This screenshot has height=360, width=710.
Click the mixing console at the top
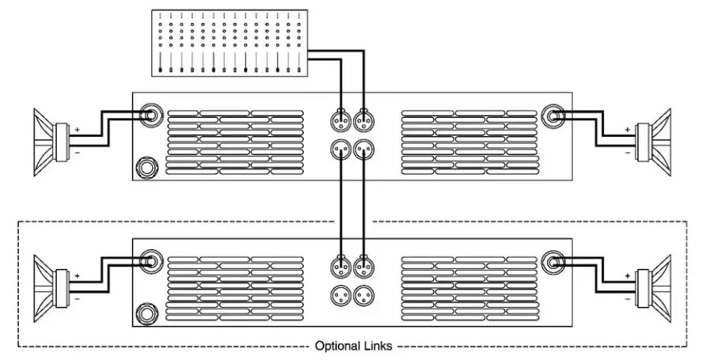[229, 44]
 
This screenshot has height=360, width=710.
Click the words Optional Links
[354, 346]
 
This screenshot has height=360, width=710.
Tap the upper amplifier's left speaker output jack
[148, 115]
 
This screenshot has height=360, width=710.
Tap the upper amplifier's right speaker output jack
[552, 115]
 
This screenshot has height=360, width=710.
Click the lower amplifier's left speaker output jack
[148, 260]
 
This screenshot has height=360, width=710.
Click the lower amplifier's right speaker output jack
[552, 260]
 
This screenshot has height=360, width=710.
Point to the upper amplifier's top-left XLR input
[340, 121]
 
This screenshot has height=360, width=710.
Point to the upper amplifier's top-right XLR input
[363, 121]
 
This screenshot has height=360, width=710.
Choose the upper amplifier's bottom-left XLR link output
[340, 149]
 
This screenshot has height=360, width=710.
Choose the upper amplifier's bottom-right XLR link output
[363, 149]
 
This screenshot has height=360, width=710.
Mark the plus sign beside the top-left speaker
[78, 128]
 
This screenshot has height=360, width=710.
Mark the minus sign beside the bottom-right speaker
[628, 299]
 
